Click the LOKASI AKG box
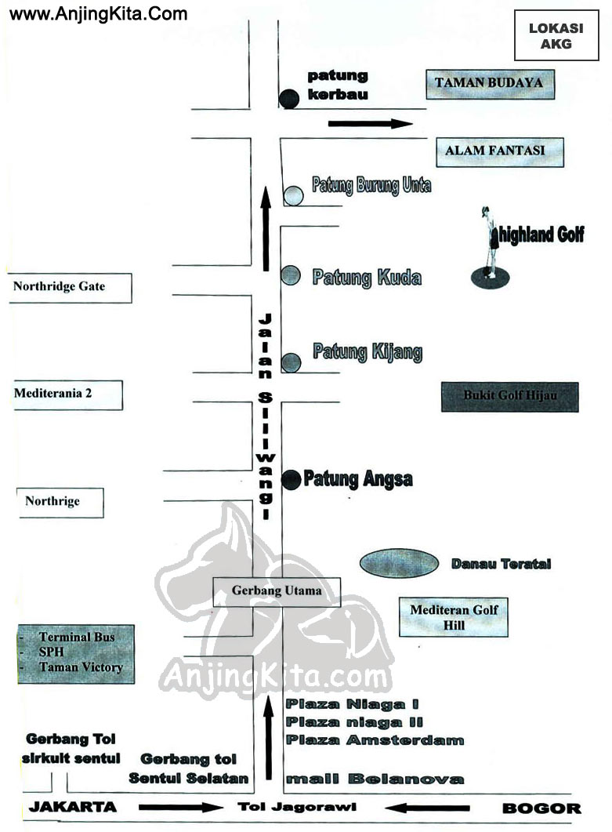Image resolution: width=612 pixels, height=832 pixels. (x=556, y=36)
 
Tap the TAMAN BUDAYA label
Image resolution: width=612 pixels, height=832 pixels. (x=490, y=84)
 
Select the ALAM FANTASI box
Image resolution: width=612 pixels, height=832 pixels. (x=500, y=152)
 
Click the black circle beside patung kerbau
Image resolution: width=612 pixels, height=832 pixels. (x=289, y=99)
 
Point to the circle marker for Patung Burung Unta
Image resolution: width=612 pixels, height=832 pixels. (x=293, y=196)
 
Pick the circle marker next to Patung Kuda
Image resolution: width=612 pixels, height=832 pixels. (x=291, y=275)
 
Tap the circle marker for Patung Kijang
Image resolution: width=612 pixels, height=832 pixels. (x=291, y=363)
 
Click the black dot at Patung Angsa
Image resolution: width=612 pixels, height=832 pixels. (x=291, y=480)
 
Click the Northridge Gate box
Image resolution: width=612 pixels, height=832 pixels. (x=70, y=288)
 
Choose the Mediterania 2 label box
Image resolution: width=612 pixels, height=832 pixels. (x=68, y=394)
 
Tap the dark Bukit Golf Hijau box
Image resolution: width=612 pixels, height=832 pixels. (x=509, y=397)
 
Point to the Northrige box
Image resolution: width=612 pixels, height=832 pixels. (x=60, y=503)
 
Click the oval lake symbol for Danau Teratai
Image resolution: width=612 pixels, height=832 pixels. (x=399, y=563)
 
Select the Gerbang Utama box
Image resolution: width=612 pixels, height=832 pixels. (x=277, y=592)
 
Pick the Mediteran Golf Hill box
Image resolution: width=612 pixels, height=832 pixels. (x=454, y=616)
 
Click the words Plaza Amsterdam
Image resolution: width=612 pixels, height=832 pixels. (x=375, y=740)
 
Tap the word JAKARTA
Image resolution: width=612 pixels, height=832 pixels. (x=73, y=807)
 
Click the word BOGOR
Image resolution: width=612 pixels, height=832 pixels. (x=541, y=808)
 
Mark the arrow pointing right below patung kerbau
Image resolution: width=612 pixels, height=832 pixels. (x=370, y=124)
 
